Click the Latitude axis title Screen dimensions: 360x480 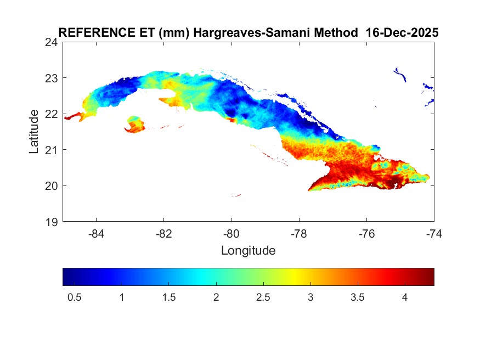[34, 131]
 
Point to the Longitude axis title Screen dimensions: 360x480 [248, 251]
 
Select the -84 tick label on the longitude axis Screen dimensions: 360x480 [97, 233]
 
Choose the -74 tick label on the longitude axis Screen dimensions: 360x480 [434, 233]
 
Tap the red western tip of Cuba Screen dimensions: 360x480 [72, 116]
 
